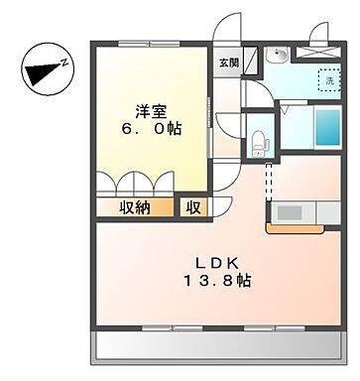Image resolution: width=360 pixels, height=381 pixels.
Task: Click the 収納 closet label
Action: click(x=136, y=207)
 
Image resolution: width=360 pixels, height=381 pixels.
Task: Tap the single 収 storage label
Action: click(x=191, y=207)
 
